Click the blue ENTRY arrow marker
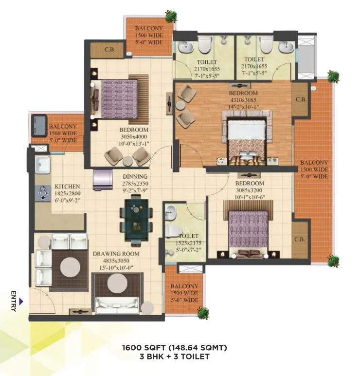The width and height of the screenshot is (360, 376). [x=21, y=301]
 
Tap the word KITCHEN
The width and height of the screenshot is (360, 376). [x=67, y=187]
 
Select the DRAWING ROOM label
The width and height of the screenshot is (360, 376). [x=116, y=254]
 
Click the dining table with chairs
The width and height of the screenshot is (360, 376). [x=136, y=220]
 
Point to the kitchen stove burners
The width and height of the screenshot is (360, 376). [x=43, y=193]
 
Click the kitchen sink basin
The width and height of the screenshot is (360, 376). [x=43, y=165]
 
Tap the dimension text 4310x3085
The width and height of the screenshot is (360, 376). [x=243, y=100]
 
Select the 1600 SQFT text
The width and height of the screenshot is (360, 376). [x=144, y=347]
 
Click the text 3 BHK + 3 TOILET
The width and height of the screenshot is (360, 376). [x=175, y=357]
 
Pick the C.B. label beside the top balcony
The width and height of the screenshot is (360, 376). [x=109, y=50]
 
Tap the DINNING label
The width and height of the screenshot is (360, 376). [x=135, y=176]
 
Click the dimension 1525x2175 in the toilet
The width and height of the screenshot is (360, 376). [x=188, y=243]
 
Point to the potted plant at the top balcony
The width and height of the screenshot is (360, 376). [x=171, y=16]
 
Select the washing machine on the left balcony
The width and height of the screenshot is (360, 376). [x=39, y=126]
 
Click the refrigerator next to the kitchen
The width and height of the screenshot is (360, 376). [x=103, y=180]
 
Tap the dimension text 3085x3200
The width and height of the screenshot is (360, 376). [x=249, y=190]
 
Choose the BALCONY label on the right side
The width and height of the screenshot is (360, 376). [x=314, y=162]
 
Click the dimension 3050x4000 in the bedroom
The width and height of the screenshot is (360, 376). [x=134, y=137]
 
